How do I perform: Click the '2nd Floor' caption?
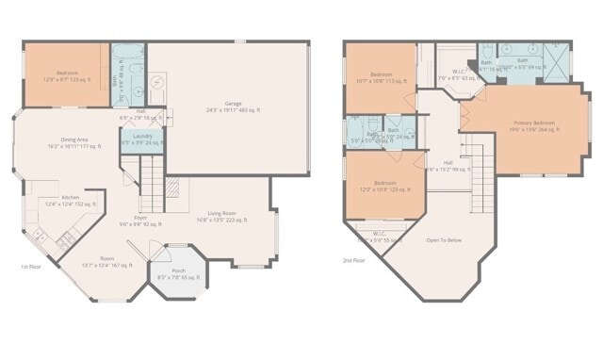tap(354, 260)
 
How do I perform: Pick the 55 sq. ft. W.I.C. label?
tap(378, 237)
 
